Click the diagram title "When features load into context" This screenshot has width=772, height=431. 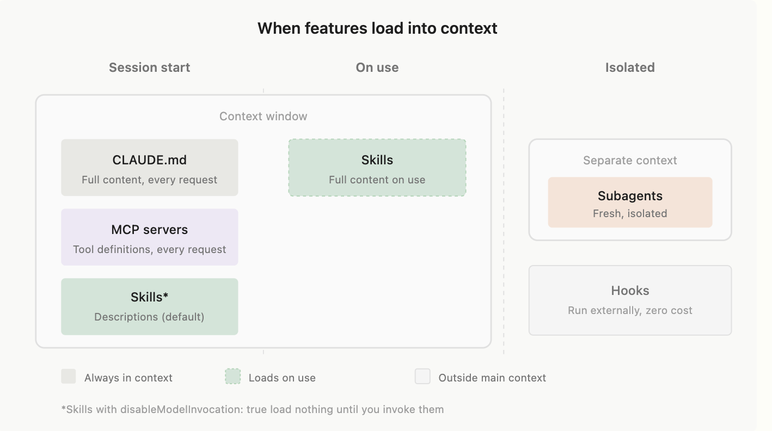coord(377,28)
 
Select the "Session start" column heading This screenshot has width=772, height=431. coord(149,67)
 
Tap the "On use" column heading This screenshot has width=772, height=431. coord(377,67)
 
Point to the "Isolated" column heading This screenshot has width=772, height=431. coord(630,67)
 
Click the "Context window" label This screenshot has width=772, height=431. coord(263,116)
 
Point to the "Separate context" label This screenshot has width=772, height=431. coord(630,161)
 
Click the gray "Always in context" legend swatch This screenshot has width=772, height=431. coord(69,377)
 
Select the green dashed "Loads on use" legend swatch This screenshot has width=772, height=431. coord(232,377)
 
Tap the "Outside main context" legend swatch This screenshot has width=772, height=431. coord(422,377)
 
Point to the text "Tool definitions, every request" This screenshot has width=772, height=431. coord(149,250)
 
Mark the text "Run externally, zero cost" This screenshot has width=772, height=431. coord(630,311)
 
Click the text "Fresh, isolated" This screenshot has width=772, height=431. coord(630,214)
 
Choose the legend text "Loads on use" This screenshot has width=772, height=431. coord(282,378)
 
